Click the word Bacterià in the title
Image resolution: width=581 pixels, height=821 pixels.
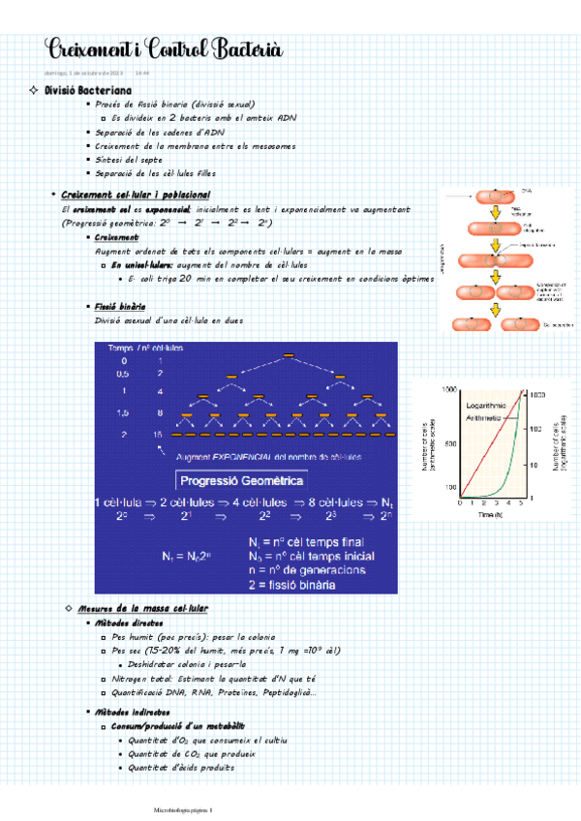[239, 49]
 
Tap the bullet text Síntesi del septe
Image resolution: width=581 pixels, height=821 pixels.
[131, 159]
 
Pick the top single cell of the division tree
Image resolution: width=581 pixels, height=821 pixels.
[288, 357]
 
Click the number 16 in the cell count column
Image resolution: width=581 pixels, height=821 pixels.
[158, 436]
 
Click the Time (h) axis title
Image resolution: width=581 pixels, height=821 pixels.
[489, 515]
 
